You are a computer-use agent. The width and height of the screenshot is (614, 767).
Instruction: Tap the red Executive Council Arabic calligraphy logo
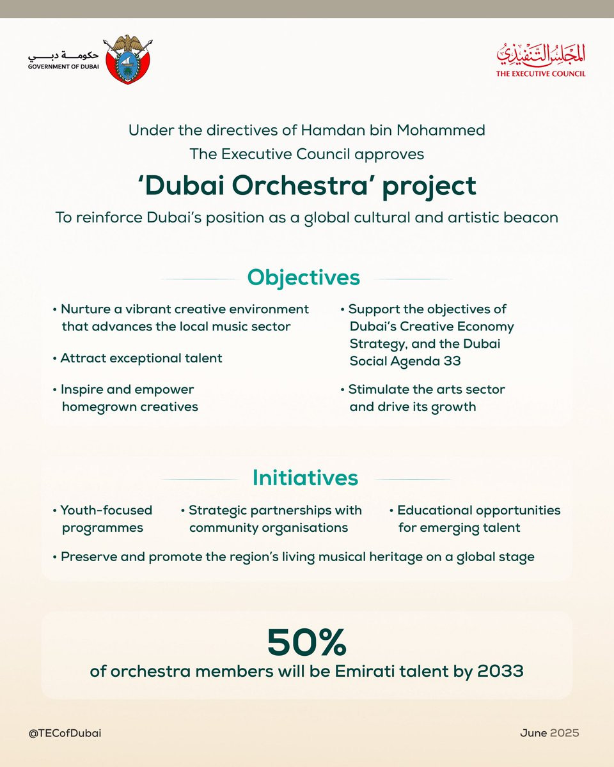point(540,58)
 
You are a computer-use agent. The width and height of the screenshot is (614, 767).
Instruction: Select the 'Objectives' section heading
point(304,278)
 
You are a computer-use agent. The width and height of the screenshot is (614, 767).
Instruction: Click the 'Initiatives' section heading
point(305,478)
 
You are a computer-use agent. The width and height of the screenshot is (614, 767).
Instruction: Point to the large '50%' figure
point(306,642)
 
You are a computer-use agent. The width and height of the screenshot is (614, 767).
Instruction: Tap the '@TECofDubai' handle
point(65,733)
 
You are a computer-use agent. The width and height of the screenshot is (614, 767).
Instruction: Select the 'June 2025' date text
point(549,733)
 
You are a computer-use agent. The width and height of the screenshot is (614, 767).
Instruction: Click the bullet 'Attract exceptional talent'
point(141,358)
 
